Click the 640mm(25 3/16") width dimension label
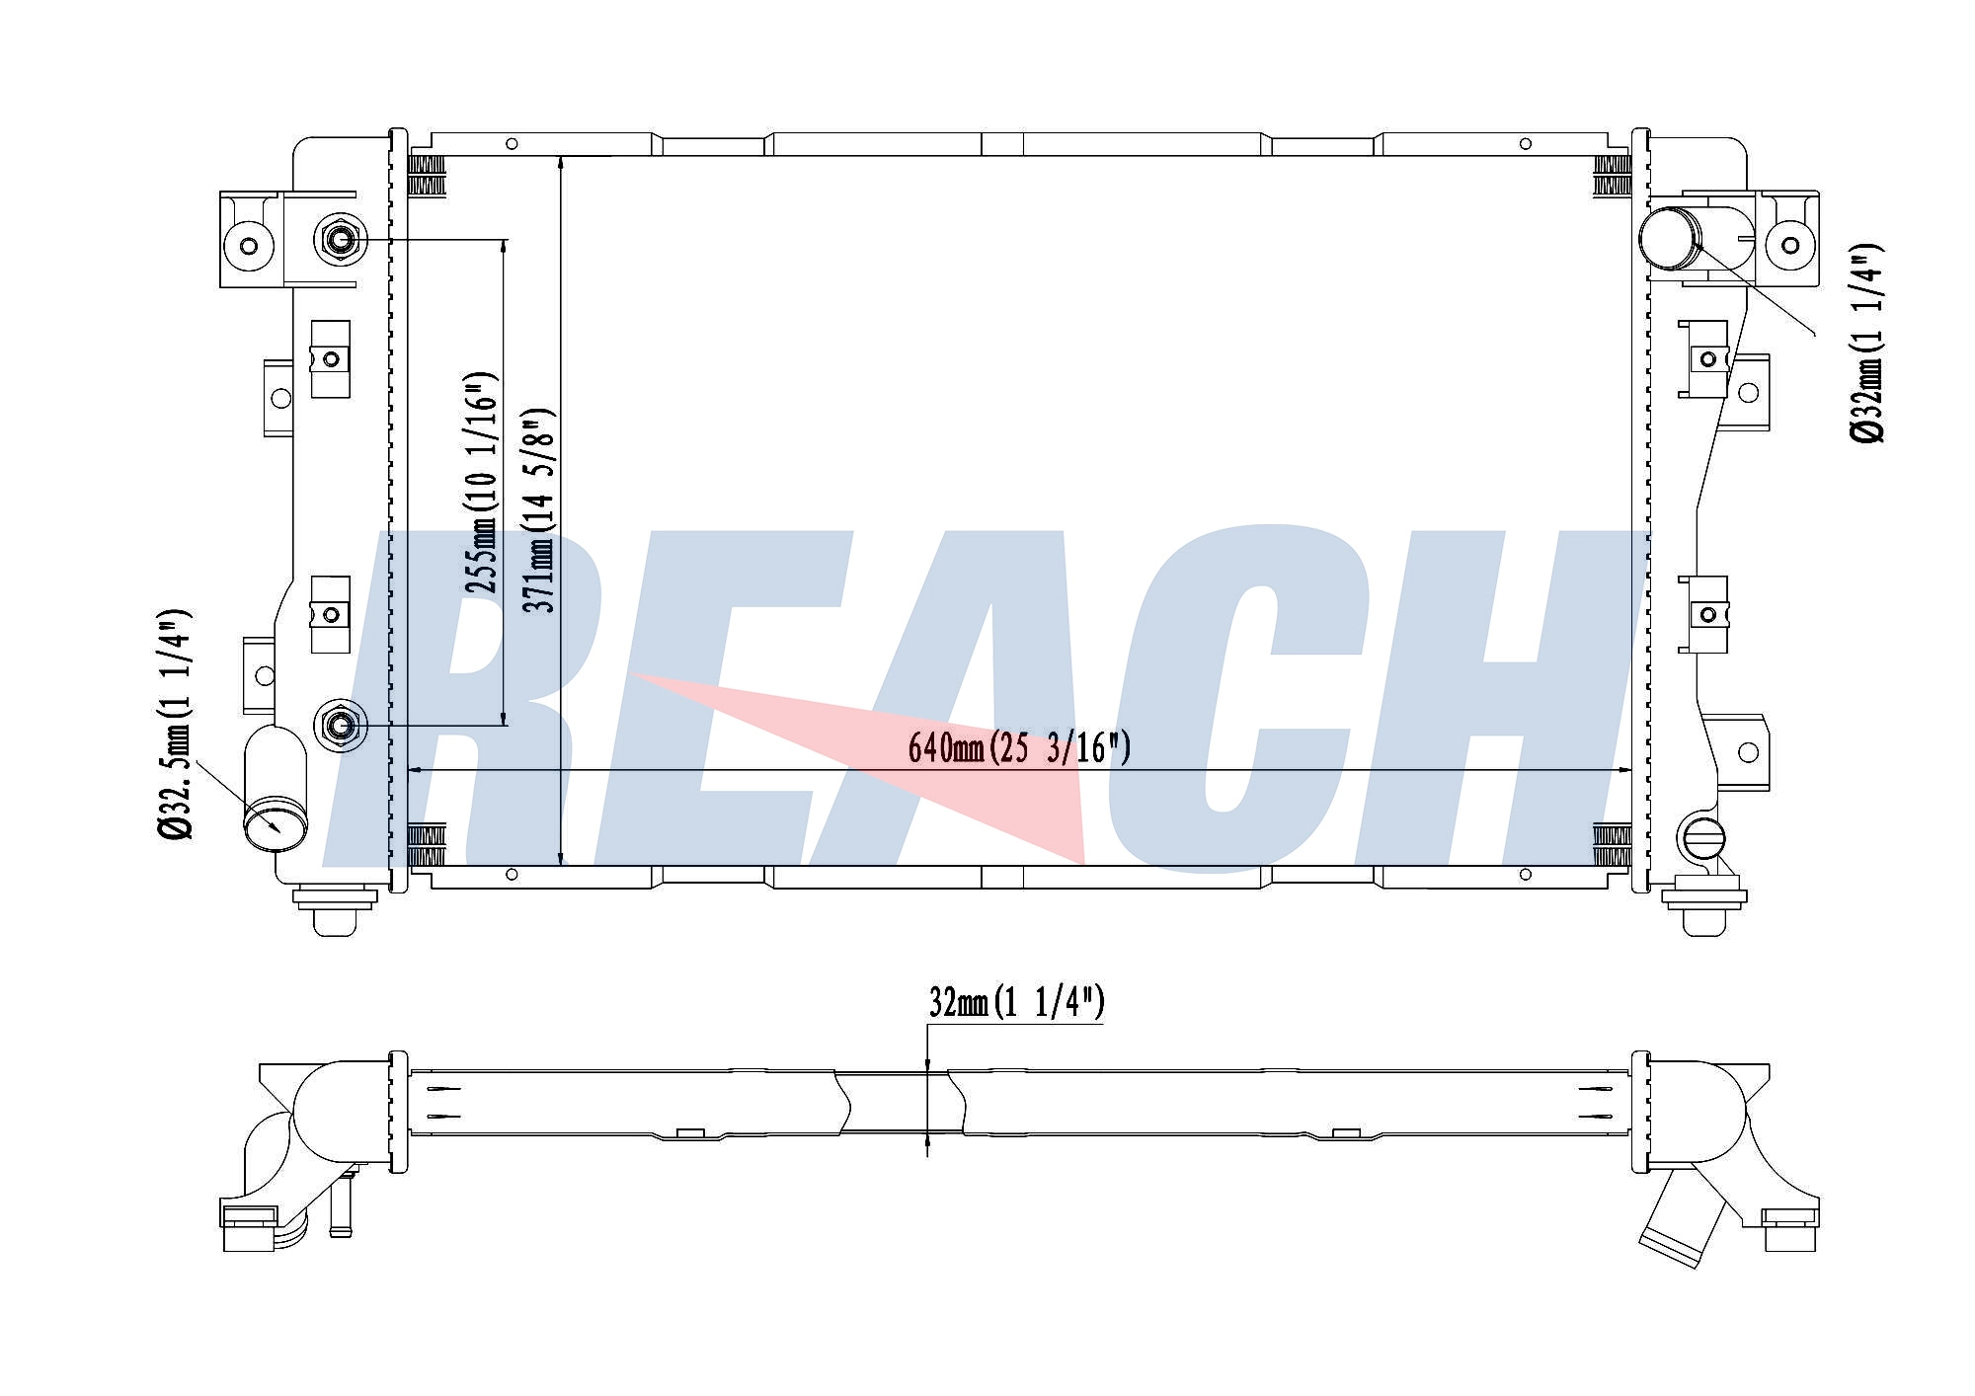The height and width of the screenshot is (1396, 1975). (x=1019, y=748)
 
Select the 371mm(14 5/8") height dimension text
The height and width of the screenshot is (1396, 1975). (x=543, y=509)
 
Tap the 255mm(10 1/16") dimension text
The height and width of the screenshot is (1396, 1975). (x=483, y=482)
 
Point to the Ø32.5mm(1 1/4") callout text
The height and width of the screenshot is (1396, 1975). (x=175, y=725)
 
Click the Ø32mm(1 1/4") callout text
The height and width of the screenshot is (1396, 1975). (x=1867, y=342)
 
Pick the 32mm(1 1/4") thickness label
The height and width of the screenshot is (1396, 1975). (x=1016, y=1003)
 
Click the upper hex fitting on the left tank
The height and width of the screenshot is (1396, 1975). (x=340, y=240)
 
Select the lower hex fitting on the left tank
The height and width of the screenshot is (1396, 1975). (x=340, y=727)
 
